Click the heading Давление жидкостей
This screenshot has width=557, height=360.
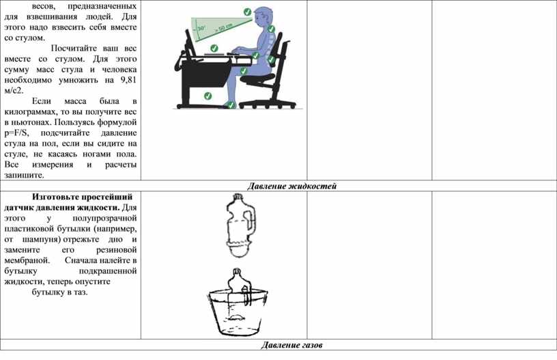pos(291,186)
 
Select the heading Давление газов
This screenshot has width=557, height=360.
pos(291,345)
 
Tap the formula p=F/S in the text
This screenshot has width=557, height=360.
pos(16,133)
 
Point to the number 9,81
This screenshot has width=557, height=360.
pos(128,80)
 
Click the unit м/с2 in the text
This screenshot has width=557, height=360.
pos(14,90)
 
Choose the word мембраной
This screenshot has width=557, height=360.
pos(27,260)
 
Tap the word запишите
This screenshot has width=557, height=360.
pos(24,175)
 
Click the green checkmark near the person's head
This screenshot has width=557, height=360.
pos(247,12)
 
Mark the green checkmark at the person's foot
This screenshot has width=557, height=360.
pos(231,105)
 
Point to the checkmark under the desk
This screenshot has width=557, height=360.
pos(208,96)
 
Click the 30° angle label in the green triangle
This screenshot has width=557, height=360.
pos(201,28)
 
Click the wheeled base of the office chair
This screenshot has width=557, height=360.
pos(267,104)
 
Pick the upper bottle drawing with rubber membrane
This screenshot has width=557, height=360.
pos(240,225)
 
